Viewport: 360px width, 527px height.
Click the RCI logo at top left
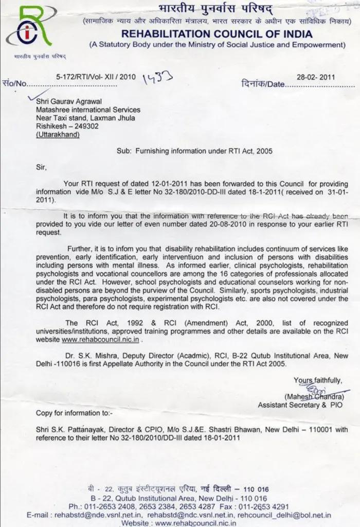[29, 28]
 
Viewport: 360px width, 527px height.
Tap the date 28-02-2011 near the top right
[316, 77]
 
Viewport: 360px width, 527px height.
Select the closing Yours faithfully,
[317, 380]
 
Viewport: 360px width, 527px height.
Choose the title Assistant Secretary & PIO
[300, 405]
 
